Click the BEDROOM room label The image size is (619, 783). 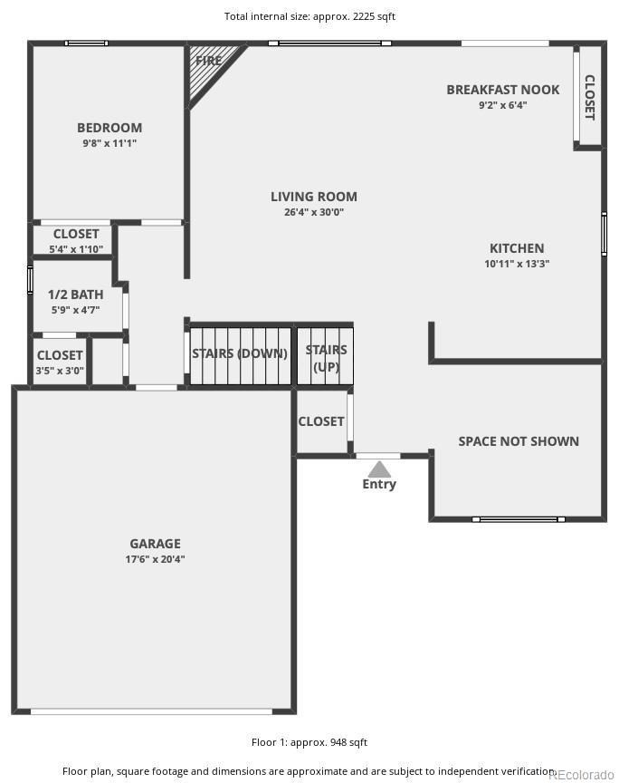click(x=109, y=128)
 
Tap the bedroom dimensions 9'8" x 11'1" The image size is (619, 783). click(x=109, y=143)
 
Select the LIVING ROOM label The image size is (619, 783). click(x=314, y=197)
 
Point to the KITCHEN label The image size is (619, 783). click(x=517, y=248)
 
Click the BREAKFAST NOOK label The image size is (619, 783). click(x=502, y=90)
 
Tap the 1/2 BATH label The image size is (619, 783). click(x=75, y=295)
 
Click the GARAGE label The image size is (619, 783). click(x=155, y=544)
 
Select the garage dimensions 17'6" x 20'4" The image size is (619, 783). click(x=155, y=559)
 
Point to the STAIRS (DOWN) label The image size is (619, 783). click(x=240, y=353)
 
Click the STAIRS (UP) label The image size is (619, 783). click(x=326, y=358)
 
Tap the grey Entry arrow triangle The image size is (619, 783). click(x=379, y=469)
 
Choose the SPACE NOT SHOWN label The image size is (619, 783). click(x=518, y=441)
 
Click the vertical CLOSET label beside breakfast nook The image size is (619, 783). click(x=589, y=97)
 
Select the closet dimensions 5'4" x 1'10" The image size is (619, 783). click(x=76, y=249)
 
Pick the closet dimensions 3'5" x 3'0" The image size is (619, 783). click(x=60, y=371)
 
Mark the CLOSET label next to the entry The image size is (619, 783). click(x=320, y=421)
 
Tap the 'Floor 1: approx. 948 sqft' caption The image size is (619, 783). click(x=309, y=742)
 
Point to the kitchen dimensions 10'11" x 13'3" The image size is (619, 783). click(x=517, y=264)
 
